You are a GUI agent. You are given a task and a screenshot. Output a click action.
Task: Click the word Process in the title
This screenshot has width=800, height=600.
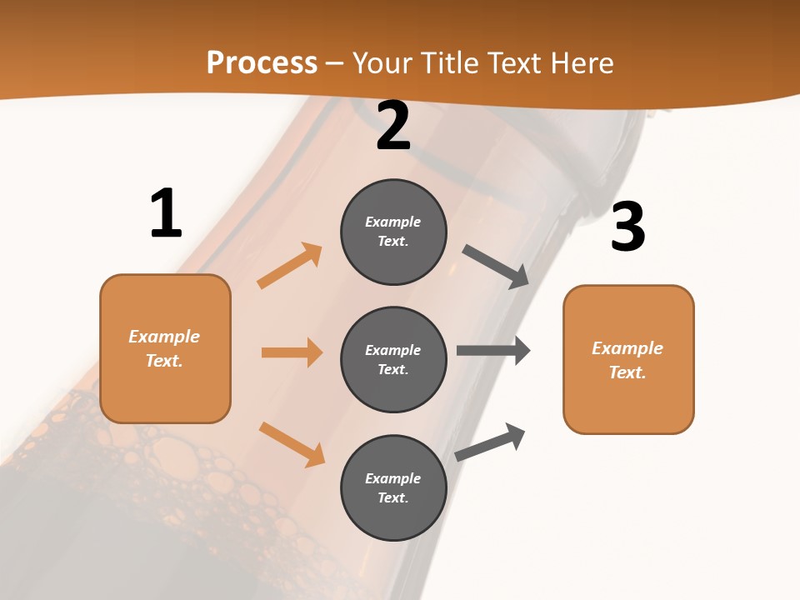coord(262,63)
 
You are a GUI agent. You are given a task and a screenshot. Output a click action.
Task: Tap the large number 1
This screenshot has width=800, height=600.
coord(166,214)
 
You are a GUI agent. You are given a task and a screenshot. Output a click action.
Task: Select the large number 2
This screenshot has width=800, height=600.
coord(393,126)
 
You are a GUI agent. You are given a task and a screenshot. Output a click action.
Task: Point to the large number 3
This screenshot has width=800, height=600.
coord(627,227)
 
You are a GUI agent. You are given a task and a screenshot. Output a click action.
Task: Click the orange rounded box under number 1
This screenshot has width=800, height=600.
coord(165,348)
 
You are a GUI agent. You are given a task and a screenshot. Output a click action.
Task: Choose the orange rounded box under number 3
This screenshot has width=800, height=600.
coord(628,359)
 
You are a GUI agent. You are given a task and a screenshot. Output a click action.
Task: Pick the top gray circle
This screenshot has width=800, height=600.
coord(393,232)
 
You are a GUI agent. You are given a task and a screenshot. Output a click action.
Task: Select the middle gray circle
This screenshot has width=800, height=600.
coord(393,359)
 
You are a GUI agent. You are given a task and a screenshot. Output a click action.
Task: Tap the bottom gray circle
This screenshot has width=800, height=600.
coord(393,487)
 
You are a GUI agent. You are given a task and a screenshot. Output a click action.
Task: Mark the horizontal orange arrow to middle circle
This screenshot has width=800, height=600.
coord(292,352)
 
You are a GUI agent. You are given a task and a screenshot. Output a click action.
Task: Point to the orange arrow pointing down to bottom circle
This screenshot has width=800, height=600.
coord(292,444)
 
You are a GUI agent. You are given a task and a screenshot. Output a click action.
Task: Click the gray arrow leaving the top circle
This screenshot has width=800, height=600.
coord(496,267)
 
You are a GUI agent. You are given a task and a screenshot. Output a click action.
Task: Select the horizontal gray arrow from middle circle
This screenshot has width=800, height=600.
coord(493,350)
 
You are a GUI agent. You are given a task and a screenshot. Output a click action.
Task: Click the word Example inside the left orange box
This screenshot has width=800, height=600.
coord(164,337)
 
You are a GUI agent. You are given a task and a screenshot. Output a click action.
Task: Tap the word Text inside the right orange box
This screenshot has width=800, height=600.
coord(627,372)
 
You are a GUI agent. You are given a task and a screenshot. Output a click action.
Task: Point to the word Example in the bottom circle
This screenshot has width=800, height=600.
coord(393,478)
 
